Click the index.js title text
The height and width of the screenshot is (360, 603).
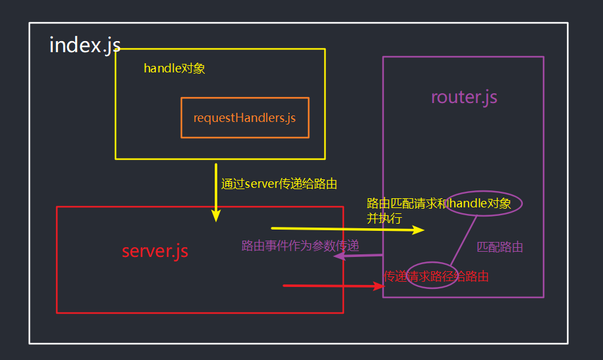click(x=85, y=45)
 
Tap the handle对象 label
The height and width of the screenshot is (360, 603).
click(x=174, y=68)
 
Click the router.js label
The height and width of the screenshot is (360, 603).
click(x=464, y=97)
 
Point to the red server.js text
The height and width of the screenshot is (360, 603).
click(x=155, y=251)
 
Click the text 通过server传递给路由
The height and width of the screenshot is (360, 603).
click(x=279, y=184)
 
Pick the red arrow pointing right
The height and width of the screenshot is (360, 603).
click(x=333, y=286)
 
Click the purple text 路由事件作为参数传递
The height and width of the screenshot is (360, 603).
click(x=300, y=245)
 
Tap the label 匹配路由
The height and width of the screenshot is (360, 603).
click(x=500, y=247)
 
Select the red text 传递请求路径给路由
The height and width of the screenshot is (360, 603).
click(x=437, y=276)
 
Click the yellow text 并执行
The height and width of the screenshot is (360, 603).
click(x=384, y=218)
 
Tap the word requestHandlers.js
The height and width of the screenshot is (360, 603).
click(x=245, y=118)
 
